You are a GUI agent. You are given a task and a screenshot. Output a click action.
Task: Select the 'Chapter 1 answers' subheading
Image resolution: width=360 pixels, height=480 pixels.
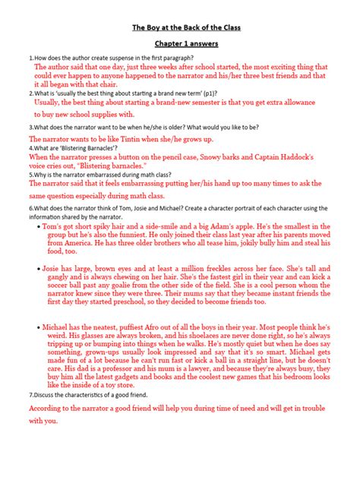click(x=180, y=45)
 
